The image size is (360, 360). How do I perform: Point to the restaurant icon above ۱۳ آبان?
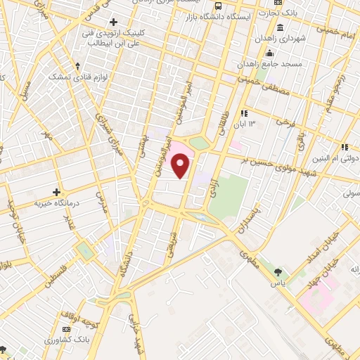[244, 113]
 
